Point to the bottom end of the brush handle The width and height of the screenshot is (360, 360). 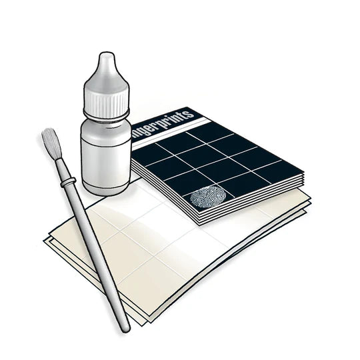pyautogui.click(x=125, y=327)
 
